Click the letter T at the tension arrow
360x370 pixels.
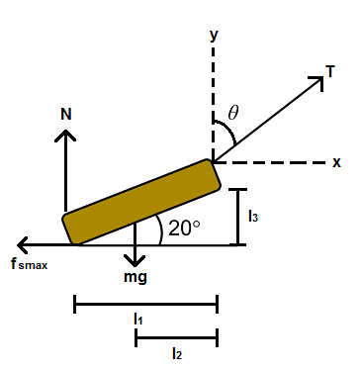click(x=330, y=71)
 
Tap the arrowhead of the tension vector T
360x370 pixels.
click(x=322, y=78)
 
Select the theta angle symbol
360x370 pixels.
click(x=233, y=113)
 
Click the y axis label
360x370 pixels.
click(x=214, y=35)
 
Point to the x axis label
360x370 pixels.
click(x=336, y=162)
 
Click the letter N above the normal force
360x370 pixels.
click(x=66, y=114)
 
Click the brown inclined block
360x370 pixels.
click(x=141, y=202)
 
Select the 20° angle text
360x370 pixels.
click(x=184, y=228)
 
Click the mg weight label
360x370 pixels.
click(x=135, y=277)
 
